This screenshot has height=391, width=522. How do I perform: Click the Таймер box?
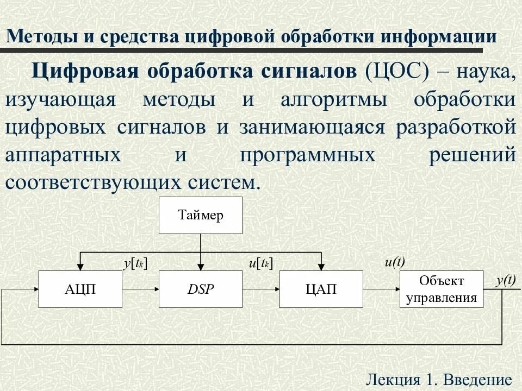pyautogui.click(x=201, y=216)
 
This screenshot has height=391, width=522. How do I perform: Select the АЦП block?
pyautogui.click(x=80, y=289)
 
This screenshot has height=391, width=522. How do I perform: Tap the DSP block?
pyautogui.click(x=201, y=289)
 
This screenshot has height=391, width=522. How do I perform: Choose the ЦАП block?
pyautogui.click(x=321, y=289)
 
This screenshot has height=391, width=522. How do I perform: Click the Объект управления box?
pyautogui.click(x=441, y=289)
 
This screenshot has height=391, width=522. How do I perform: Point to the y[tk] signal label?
pyautogui.click(x=135, y=264)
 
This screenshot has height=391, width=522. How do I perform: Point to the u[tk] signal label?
pyautogui.click(x=260, y=264)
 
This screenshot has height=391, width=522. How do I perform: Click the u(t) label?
pyautogui.click(x=395, y=262)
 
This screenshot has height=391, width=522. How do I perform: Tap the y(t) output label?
pyautogui.click(x=505, y=280)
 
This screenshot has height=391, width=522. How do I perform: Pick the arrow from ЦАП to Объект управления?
pyautogui.click(x=381, y=289)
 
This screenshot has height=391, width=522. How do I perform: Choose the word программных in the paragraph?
pyautogui.click(x=308, y=155)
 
